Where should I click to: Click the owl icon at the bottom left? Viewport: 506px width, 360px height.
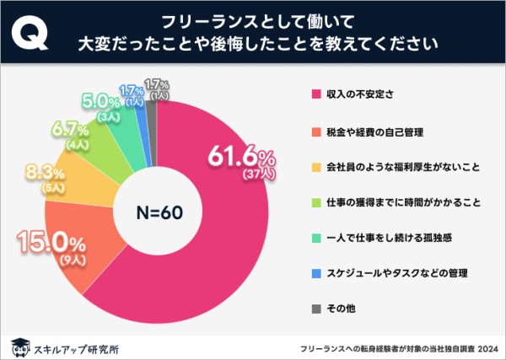(18, 345)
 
